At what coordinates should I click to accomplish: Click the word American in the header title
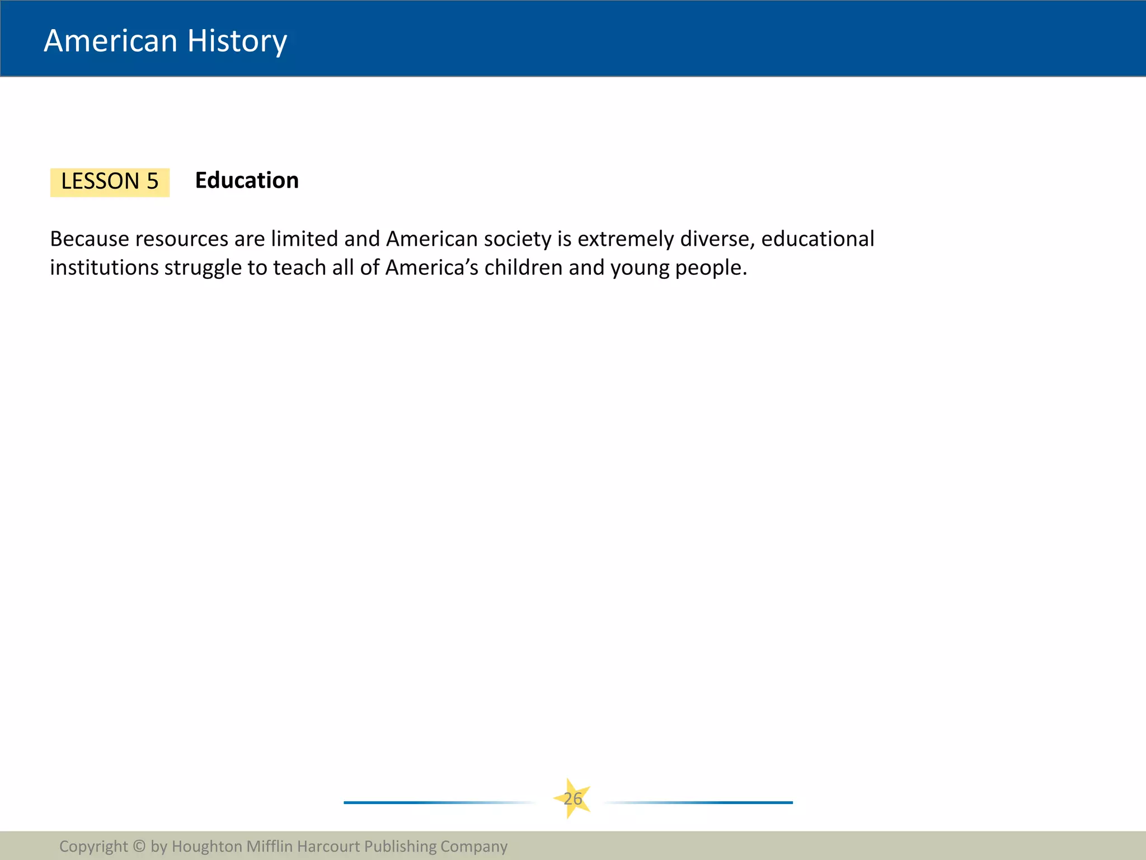tap(110, 41)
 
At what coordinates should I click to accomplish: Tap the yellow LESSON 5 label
tap(110, 182)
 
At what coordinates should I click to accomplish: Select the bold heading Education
tap(247, 181)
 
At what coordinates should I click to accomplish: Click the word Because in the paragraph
tap(90, 239)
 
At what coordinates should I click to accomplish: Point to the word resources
tap(182, 240)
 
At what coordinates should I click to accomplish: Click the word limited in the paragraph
tap(304, 239)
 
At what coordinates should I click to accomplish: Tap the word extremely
tap(626, 240)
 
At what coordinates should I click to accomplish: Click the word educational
tap(818, 239)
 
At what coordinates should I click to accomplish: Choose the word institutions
tap(104, 268)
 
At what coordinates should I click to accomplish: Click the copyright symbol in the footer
tap(139, 846)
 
